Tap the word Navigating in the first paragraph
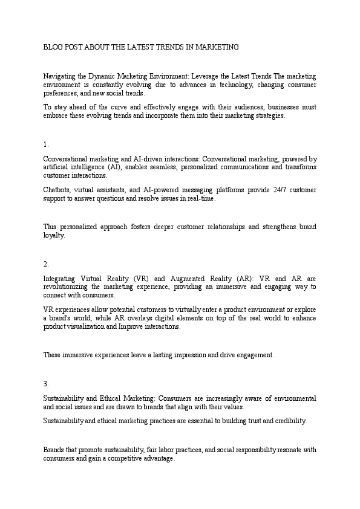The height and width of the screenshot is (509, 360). coord(60,77)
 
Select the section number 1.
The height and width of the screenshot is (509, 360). coord(46,144)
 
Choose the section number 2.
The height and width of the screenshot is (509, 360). coord(46,264)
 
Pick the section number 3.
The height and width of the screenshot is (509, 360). coord(46,384)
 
